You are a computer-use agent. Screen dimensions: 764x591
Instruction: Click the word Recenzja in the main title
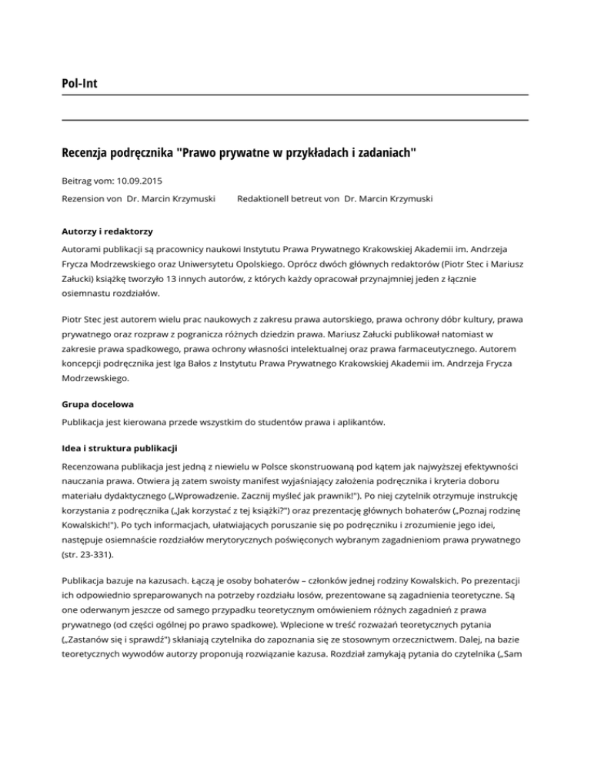[88, 152]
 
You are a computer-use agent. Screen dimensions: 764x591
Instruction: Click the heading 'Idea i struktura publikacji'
[129, 447]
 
